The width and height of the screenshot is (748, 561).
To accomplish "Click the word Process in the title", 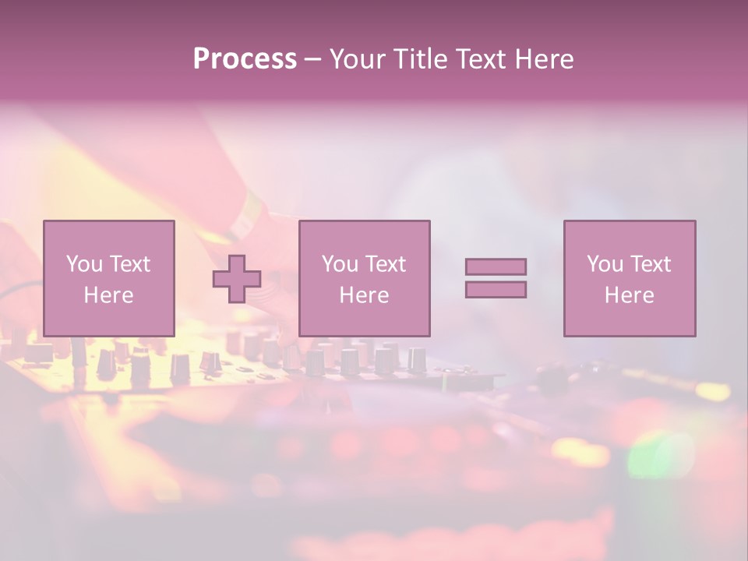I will [x=245, y=59].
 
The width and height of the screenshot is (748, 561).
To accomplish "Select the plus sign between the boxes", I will [x=237, y=278].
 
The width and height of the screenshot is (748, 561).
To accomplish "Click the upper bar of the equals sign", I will [x=496, y=266].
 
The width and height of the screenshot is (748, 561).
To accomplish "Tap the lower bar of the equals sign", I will [x=496, y=289].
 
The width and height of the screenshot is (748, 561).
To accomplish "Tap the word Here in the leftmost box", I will [x=108, y=295].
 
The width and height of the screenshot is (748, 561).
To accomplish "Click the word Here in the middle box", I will [x=364, y=295].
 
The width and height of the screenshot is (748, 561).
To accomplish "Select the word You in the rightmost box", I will [x=605, y=263].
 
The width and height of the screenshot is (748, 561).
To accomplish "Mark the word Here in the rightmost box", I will [x=630, y=295].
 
